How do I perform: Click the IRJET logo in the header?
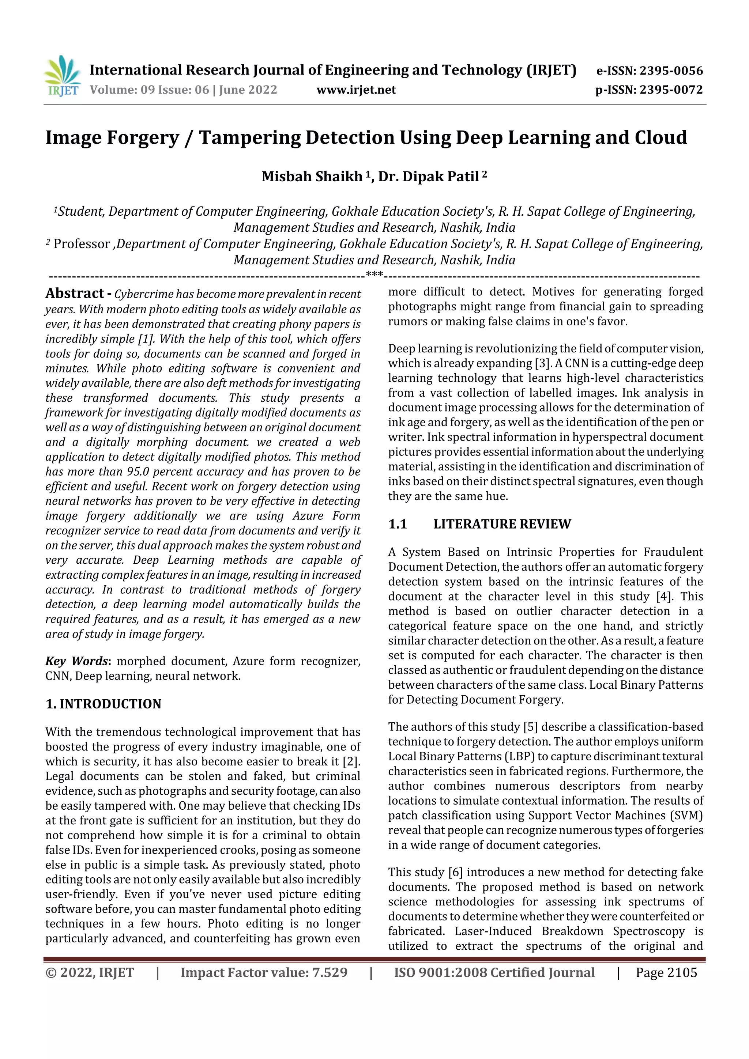point(62,76)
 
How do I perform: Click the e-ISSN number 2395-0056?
point(671,71)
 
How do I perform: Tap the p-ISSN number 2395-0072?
point(671,90)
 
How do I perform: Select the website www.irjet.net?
point(356,90)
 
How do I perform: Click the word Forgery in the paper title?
point(143,138)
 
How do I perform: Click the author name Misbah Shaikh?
point(312,177)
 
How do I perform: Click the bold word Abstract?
point(74,293)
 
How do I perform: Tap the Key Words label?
point(76,661)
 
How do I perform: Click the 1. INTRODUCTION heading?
point(103,704)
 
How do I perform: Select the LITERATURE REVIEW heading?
point(502,524)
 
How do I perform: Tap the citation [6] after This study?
point(455,872)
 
